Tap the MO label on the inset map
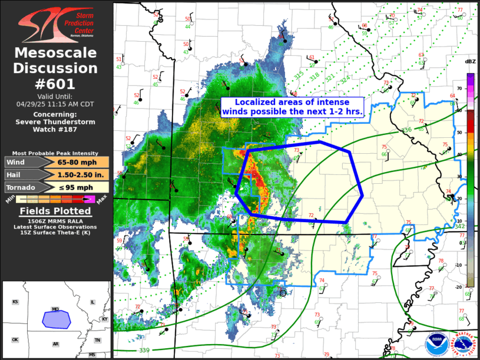(55, 309)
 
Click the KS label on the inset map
(15, 302)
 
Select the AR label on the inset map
(55, 344)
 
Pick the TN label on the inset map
(97, 340)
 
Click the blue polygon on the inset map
(56, 319)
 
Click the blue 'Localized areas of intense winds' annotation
(292, 106)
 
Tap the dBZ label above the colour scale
(470, 62)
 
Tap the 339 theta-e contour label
(144, 351)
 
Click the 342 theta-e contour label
(459, 226)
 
